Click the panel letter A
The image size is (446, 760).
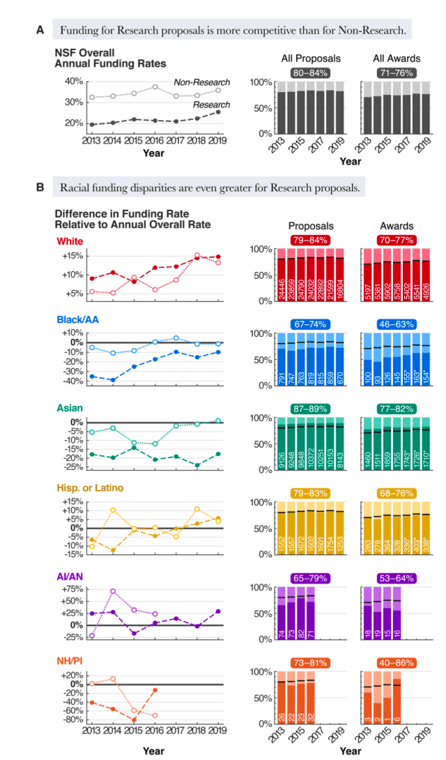40,30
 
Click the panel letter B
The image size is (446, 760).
40,188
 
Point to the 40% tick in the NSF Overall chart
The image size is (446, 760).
73,82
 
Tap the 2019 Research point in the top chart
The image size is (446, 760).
219,112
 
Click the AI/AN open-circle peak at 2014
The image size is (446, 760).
113,591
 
